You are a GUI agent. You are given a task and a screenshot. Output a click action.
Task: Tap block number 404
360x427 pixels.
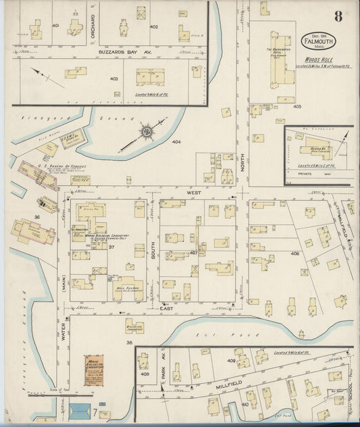(176, 143)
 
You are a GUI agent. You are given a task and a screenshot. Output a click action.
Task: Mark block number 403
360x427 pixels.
(114, 78)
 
